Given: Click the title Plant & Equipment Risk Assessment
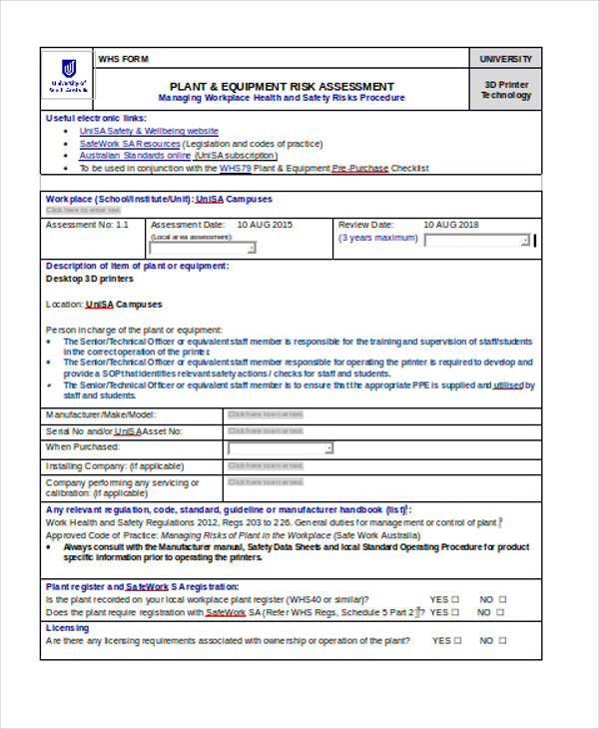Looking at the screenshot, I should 282,87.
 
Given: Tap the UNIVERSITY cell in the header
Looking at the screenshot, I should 506,60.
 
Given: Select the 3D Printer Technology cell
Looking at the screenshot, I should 506,90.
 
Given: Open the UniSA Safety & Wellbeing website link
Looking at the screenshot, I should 149,131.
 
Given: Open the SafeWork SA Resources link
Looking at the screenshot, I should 130,144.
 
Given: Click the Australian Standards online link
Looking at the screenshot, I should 135,156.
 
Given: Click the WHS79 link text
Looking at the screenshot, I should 233,168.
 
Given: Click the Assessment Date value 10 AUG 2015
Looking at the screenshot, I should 265,225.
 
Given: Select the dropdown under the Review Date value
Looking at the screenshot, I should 477,240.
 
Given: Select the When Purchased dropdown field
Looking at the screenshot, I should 281,448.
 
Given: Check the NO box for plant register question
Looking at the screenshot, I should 502,599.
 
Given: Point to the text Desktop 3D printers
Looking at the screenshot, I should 89,279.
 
